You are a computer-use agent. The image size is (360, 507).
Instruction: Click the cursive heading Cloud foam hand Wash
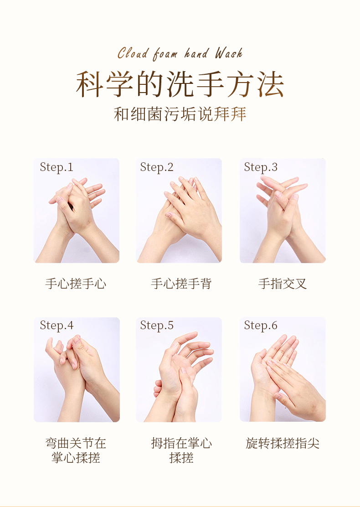pos(180,53)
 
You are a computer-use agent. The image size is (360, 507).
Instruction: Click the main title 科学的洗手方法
pos(180,84)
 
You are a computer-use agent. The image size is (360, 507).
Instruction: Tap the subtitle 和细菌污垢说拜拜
pos(180,114)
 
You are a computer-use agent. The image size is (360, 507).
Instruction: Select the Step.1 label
pos(57,167)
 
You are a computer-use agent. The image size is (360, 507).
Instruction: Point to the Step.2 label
pos(157,167)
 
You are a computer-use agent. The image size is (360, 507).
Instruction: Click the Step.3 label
pos(261,167)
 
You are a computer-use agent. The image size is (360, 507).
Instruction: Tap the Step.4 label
pos(57,325)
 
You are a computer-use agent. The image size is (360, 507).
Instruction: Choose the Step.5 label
pos(157,325)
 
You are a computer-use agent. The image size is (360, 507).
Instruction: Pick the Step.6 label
pos(261,325)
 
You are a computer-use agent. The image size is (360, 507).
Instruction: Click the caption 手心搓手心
pos(76,284)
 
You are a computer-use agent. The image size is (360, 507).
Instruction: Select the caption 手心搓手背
pos(181,284)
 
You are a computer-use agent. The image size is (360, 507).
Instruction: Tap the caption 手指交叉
pos(283,284)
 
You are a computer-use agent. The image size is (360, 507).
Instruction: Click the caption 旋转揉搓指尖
pos(283,443)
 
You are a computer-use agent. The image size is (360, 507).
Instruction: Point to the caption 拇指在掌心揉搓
pos(181,450)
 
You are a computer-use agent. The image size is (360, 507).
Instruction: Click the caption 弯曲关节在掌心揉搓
pos(76,450)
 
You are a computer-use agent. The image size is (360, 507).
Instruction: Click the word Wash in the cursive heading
pos(229,53)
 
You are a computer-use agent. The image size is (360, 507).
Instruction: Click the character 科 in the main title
pos(89,84)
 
